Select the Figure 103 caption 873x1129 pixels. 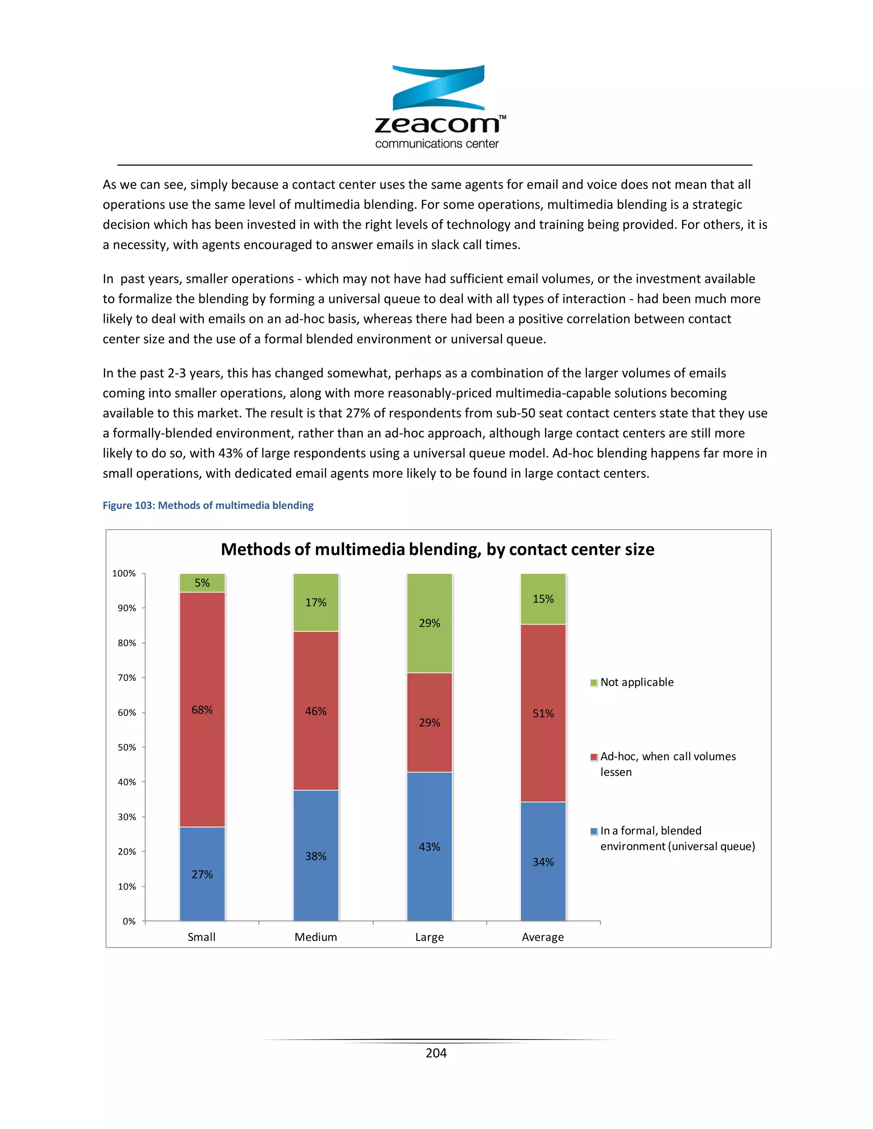[208, 505]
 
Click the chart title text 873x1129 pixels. [437, 549]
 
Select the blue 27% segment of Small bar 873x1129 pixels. [202, 874]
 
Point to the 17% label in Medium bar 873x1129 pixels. [315, 602]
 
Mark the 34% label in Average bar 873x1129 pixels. [543, 862]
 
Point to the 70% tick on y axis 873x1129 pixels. [127, 678]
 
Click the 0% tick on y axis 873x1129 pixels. [129, 921]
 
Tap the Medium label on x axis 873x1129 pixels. [315, 937]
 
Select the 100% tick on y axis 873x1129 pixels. [124, 573]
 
